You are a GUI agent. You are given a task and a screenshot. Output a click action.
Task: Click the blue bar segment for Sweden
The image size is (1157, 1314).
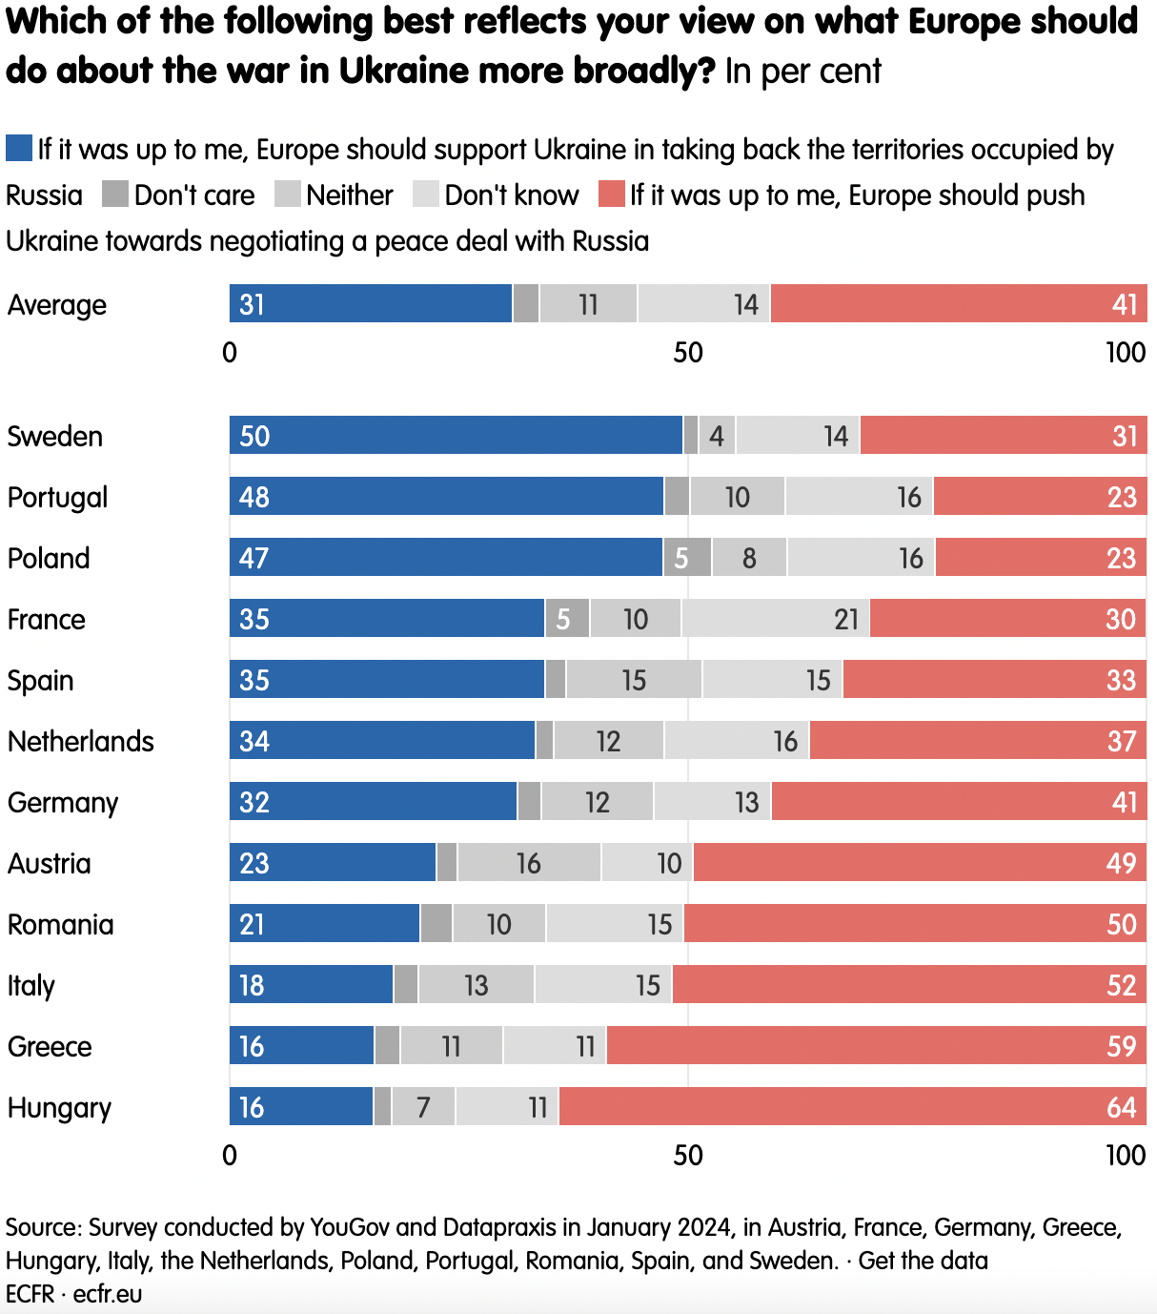456,435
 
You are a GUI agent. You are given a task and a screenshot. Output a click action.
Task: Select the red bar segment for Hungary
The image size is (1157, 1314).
853,1106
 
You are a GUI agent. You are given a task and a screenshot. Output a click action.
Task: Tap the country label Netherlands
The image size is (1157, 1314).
81,741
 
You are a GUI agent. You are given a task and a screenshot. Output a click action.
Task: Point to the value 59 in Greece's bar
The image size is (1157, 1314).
1121,1046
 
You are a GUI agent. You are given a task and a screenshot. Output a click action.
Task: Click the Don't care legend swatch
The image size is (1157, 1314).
115,195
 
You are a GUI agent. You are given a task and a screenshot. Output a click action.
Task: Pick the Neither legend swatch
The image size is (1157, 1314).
288,195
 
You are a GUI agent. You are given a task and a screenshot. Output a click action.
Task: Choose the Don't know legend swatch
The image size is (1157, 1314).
426,195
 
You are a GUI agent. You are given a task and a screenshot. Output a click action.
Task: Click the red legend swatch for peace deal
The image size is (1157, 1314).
611,195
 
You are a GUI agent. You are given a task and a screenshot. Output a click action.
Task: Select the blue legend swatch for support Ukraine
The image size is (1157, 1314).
19,149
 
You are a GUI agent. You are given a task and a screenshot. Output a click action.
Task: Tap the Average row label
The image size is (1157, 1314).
57,305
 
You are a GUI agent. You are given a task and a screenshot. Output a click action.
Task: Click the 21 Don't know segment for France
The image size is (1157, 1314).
775,618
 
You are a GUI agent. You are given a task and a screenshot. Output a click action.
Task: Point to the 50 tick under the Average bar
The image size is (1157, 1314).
688,353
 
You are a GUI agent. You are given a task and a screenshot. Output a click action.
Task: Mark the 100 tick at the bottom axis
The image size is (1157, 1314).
1126,1155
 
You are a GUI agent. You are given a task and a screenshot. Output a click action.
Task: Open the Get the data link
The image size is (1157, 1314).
923,1261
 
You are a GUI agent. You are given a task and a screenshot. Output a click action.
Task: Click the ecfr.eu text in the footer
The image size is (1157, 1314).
108,1293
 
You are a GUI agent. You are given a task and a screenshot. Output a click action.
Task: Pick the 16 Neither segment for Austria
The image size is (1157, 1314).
529,862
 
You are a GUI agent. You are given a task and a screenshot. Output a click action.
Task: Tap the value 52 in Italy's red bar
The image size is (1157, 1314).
1121,985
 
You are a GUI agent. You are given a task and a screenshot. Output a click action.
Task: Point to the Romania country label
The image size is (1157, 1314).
61,924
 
